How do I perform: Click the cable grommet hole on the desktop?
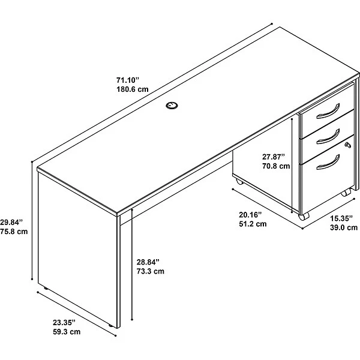172,106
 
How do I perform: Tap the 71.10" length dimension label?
128,80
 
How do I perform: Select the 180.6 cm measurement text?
133,89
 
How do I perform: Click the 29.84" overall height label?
11,222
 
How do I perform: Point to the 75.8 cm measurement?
14,232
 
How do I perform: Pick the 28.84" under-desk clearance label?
148,262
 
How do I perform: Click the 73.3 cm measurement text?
151,271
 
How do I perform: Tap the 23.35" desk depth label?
64,323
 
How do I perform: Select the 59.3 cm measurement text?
67,332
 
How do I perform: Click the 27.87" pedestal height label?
274,157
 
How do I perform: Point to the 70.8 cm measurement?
276,166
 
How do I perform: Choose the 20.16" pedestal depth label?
250,215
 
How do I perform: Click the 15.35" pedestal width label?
341,218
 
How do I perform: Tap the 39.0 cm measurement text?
344,227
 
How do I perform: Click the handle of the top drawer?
329,112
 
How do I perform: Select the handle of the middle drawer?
329,137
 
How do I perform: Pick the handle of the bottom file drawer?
329,163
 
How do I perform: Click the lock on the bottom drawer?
348,145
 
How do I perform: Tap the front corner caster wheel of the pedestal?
304,216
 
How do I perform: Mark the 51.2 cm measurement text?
253,224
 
